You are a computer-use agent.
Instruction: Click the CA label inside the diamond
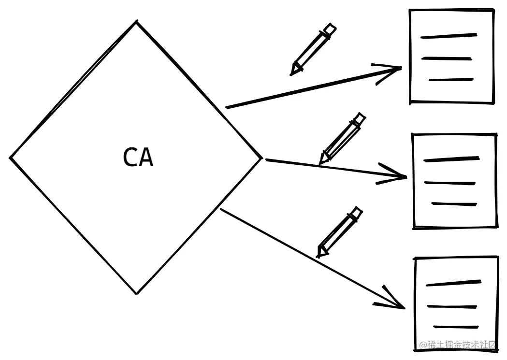[x=138, y=158]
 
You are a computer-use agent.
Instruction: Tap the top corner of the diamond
[x=136, y=22]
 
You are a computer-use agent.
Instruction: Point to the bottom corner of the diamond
[x=137, y=293]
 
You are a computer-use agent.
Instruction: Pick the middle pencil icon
[x=342, y=138]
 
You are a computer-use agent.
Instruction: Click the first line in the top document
[x=449, y=35]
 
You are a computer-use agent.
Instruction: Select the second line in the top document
[x=447, y=58]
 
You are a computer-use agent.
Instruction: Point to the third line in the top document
[x=450, y=80]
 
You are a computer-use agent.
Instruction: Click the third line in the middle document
[x=454, y=204]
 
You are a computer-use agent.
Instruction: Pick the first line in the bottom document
[x=453, y=283]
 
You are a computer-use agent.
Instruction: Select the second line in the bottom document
[x=452, y=306]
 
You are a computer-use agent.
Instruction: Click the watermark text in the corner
[x=458, y=345]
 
